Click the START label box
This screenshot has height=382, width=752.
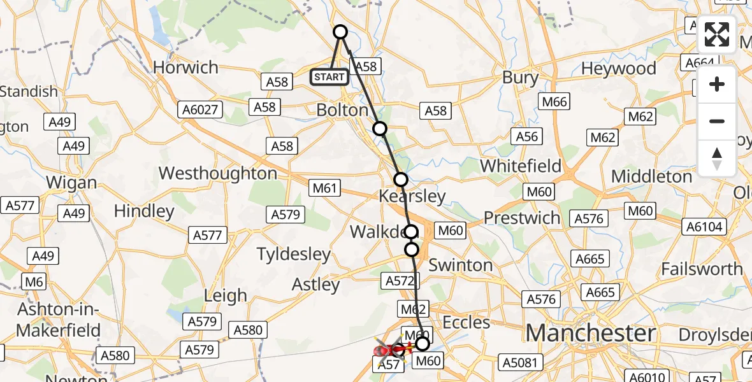[x=329, y=78]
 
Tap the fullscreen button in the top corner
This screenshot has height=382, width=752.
[x=717, y=34]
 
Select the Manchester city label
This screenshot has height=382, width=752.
[x=591, y=333]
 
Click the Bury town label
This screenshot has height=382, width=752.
[x=520, y=78]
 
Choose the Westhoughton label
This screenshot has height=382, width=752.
[x=217, y=173]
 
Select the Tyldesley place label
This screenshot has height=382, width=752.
[x=294, y=255]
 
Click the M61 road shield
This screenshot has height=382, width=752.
[x=325, y=188]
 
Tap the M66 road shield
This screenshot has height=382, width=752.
[x=554, y=101]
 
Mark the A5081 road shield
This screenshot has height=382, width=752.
[x=521, y=364]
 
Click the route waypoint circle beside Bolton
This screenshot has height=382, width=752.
[x=380, y=129]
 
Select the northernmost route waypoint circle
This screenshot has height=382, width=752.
[x=340, y=32]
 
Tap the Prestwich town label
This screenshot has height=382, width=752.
[x=522, y=218]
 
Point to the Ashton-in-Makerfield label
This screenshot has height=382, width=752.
[x=59, y=320]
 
